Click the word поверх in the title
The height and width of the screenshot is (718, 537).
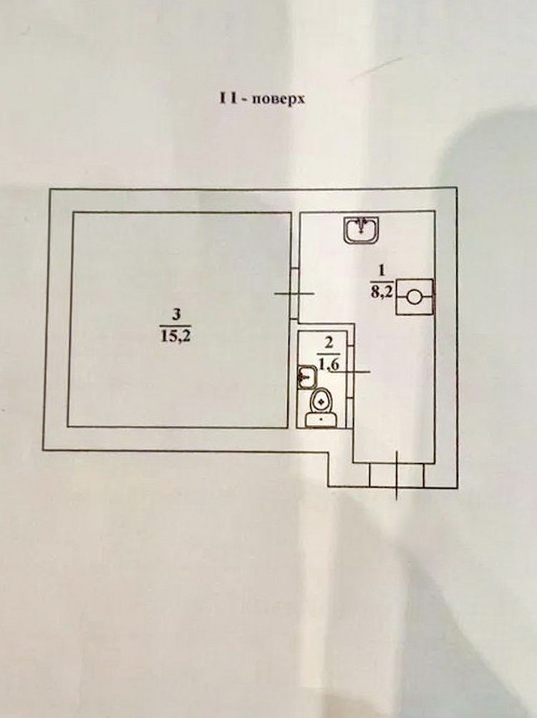[279, 100]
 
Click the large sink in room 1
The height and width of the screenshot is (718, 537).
[362, 230]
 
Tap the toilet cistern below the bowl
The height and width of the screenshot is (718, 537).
[321, 419]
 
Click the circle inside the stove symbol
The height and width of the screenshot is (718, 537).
[414, 297]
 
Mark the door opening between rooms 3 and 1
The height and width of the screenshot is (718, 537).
[294, 293]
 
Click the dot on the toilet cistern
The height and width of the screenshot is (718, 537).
[321, 419]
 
